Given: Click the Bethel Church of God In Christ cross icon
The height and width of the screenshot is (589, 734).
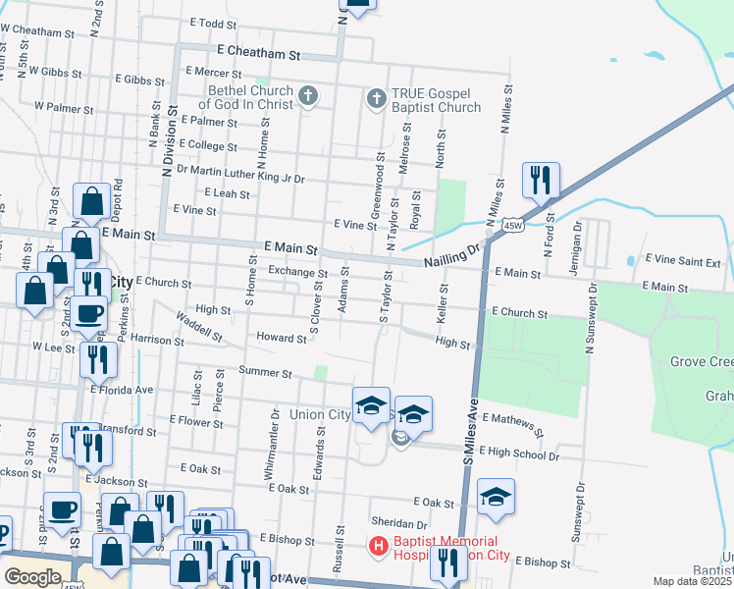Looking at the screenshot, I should tap(308, 96).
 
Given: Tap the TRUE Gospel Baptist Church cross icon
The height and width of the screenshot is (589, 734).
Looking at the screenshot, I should tap(376, 98).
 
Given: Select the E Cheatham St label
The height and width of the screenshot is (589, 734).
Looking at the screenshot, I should tap(258, 50).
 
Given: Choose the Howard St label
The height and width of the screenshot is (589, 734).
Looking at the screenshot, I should tap(281, 339).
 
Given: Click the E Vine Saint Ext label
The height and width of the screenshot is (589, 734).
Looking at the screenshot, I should tap(683, 263).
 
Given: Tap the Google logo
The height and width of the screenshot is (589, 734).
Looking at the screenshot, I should tap(33, 576).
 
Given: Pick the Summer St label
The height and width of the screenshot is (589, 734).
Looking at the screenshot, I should tap(265, 373).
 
